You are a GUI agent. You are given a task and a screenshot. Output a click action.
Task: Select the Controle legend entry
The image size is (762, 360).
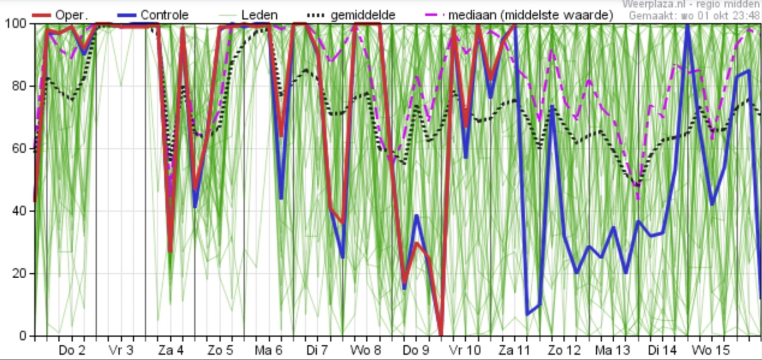point(164,15)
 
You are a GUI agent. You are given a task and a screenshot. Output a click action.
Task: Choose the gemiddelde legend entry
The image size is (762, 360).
point(363,15)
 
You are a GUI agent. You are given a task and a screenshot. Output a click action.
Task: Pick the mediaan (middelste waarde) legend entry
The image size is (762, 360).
point(530,15)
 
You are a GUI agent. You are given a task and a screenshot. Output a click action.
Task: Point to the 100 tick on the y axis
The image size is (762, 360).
point(15,23)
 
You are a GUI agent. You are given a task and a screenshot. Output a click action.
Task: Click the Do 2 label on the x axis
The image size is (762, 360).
point(72,351)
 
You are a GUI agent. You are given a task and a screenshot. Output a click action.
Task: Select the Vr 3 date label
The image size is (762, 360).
point(121,351)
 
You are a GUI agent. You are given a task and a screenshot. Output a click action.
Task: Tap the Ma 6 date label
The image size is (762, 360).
point(268,351)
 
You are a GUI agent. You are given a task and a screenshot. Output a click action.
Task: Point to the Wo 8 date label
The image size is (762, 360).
point(366,351)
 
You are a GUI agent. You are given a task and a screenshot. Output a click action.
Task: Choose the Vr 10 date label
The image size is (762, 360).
point(465,351)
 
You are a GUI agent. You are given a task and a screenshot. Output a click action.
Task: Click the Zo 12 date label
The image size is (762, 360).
point(564,351)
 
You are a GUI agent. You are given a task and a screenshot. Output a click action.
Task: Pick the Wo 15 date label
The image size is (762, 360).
point(711,351)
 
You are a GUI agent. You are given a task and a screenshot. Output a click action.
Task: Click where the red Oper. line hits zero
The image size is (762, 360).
point(441,335)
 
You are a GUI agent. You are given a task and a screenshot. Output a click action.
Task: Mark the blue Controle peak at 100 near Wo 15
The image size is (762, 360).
point(687,25)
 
